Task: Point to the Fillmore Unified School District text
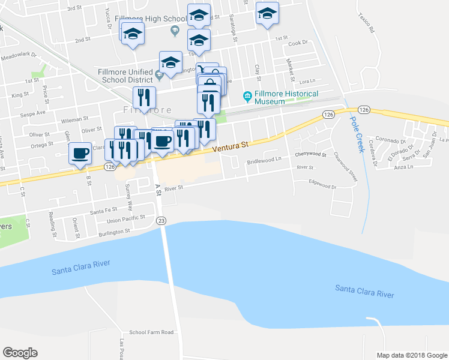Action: coord(124,76)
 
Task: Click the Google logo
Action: coord(20,353)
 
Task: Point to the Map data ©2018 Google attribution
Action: coord(412,355)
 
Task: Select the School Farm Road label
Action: coord(151,332)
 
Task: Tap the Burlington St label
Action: coord(115,231)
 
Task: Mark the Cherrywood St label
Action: coord(310,155)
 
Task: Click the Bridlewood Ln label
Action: coord(264,160)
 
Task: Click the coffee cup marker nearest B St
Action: coord(80,152)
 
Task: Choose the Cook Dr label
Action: coord(297,43)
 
